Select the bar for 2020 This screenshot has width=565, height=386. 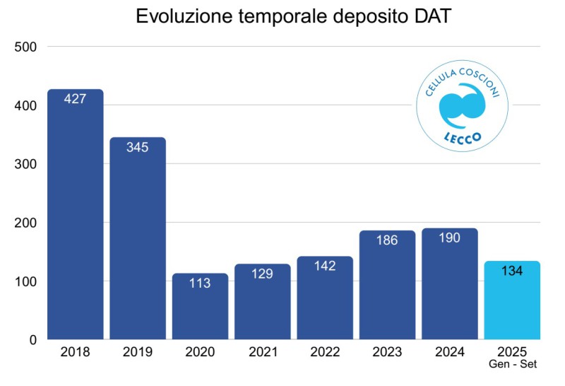[x=200, y=311]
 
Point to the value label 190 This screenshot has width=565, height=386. [x=449, y=238]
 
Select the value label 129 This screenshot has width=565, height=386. [x=262, y=274]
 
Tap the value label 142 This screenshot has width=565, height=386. [x=324, y=266]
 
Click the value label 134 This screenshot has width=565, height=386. [x=511, y=271]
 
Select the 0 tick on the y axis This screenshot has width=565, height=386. [x=32, y=340]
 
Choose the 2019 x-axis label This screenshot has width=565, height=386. [x=137, y=352]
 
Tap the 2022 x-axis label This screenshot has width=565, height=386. [x=324, y=352]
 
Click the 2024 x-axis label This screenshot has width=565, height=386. [x=449, y=352]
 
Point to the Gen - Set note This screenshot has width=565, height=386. [x=512, y=364]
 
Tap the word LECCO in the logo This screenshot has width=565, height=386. [x=462, y=136]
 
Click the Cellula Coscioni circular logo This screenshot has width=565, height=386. [x=462, y=106]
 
